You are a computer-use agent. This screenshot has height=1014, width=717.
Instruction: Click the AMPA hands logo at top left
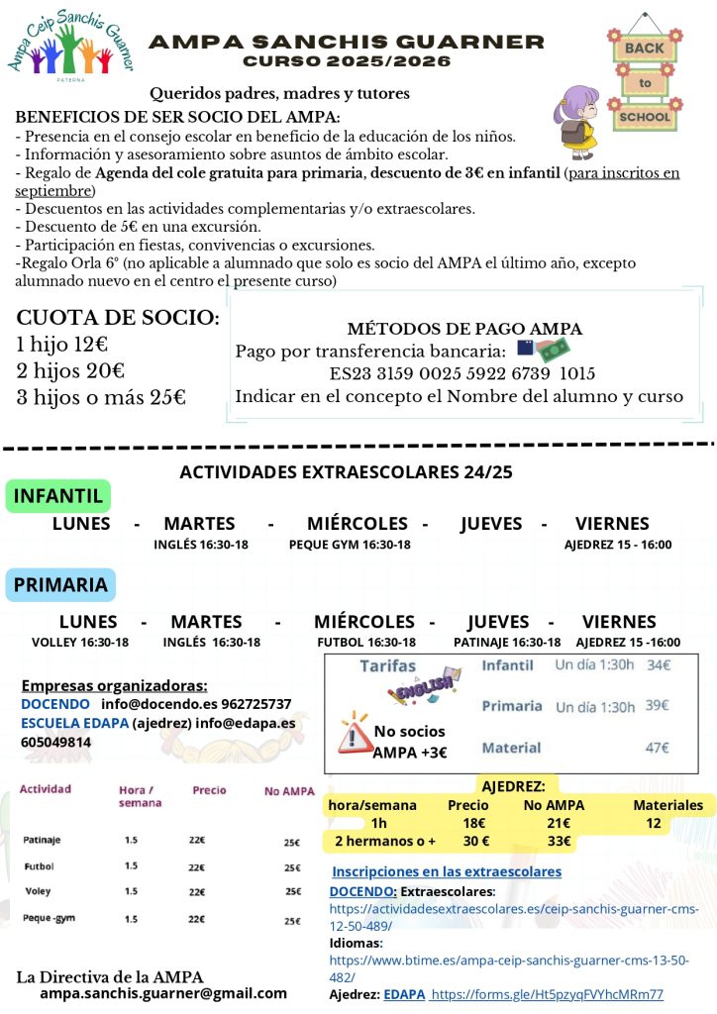pos(70,48)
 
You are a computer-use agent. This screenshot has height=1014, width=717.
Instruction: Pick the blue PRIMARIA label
pos(60,584)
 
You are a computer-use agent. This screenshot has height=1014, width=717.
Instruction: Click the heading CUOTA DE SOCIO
pos(118,318)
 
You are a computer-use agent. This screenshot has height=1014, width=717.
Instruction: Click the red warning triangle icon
pos(353,733)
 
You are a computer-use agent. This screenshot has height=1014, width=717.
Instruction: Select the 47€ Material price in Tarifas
pos(658,748)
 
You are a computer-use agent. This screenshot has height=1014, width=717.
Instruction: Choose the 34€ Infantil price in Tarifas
pos(659,665)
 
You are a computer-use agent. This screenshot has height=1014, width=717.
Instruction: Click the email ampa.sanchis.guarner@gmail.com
pos(163,993)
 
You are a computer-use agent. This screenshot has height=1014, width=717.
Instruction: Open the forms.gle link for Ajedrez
pos(548,994)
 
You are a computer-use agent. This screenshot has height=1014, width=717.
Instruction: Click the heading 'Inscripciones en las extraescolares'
pos(446,871)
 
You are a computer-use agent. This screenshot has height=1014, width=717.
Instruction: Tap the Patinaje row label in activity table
pos(42,840)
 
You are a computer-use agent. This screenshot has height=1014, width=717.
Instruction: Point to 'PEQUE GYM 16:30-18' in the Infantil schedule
pos(350,545)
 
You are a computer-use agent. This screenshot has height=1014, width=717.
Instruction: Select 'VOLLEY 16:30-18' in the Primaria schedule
pos(80,642)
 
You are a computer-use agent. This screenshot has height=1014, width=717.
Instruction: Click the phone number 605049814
pos(56,742)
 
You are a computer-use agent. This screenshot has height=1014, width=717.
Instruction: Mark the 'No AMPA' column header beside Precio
pos(289,791)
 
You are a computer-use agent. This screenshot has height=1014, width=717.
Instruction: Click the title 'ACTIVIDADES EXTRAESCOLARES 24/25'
pos(347,472)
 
